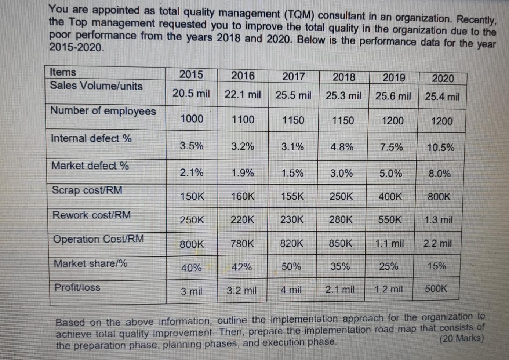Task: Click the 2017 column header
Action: click(293, 76)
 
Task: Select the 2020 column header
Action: click(443, 78)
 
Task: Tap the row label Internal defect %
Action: click(91, 138)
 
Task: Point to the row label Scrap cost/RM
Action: click(87, 190)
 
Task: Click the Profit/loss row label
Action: click(77, 287)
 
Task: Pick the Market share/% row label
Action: click(90, 263)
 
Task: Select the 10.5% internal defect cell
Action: click(440, 148)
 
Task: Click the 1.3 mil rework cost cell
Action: click(438, 220)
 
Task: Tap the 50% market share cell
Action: click(291, 267)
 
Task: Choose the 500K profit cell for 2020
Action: click(436, 289)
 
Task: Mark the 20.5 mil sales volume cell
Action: click(191, 94)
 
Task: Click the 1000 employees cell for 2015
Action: click(192, 119)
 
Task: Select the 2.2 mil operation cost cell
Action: click(437, 243)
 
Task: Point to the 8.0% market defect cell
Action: click(439, 174)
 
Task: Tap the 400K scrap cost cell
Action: click(390, 197)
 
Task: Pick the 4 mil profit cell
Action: click(291, 290)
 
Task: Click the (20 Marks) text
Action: click(462, 338)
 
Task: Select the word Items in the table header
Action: click(63, 72)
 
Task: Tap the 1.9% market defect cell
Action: click(242, 173)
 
